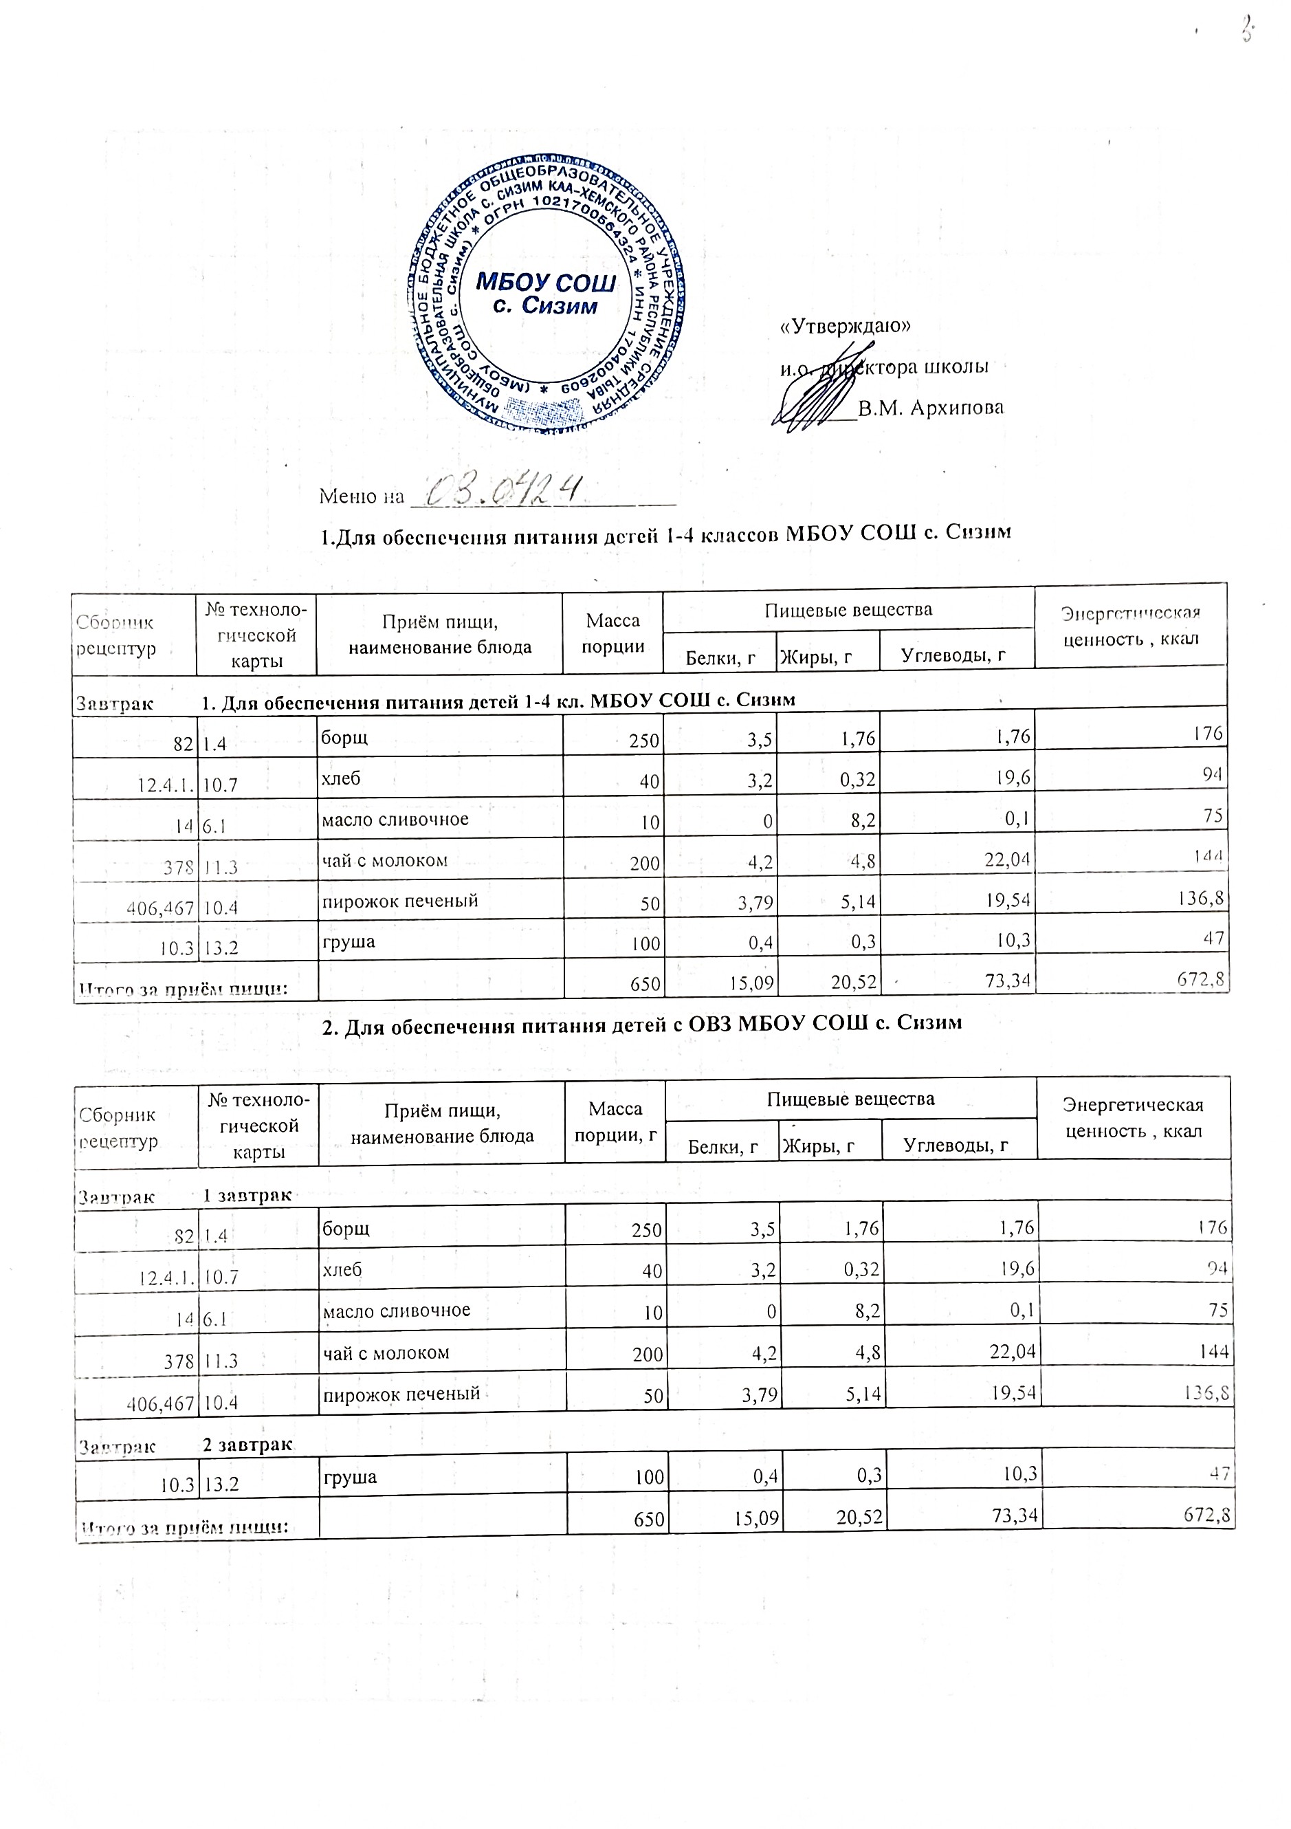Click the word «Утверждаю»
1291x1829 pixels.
tap(845, 327)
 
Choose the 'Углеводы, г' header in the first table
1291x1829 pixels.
tap(953, 655)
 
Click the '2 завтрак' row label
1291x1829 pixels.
tap(247, 1444)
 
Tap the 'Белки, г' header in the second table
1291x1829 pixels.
tap(722, 1146)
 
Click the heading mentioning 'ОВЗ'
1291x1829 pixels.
tap(642, 1023)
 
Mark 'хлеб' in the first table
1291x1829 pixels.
tap(341, 778)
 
